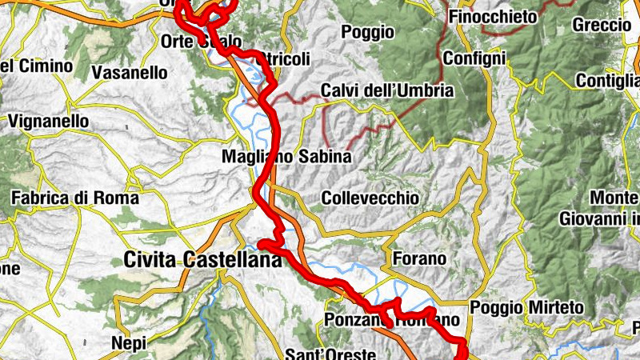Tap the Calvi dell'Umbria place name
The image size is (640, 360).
coord(387,90)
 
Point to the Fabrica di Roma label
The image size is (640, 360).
coord(75,198)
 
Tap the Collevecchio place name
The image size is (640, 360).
coord(370,198)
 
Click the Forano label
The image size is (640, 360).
coord(420,258)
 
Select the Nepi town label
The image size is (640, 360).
coord(130,342)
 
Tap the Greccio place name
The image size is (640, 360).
coord(602,25)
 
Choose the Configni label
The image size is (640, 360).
coord(474,58)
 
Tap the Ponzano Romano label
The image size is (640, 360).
coord(393,320)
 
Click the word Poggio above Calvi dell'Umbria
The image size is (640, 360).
coord(367,32)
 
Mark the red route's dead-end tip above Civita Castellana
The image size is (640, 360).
coord(260,242)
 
